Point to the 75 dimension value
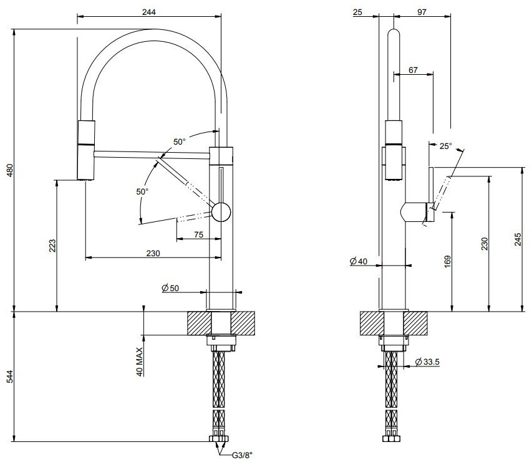point(199,234)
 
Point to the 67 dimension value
point(413,70)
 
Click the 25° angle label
point(445,146)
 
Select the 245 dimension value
point(517,239)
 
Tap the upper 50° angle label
point(180,142)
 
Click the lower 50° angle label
point(142,191)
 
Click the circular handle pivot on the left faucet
point(221,212)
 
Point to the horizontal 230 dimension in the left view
point(153,254)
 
